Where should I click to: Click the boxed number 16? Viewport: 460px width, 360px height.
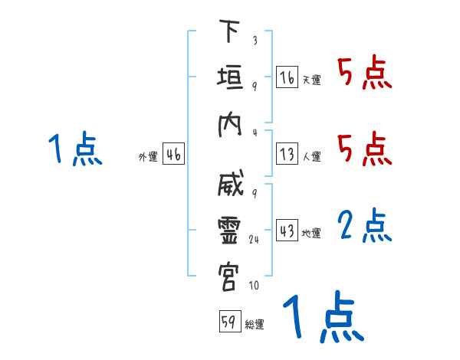(x=287, y=78)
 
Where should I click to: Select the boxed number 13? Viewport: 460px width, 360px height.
(x=287, y=153)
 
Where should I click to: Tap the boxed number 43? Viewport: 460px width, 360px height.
(x=287, y=230)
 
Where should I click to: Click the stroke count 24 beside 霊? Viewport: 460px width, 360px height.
(x=255, y=239)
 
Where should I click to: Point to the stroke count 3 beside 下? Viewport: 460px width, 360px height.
(x=255, y=39)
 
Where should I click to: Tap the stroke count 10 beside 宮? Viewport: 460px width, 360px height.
(x=254, y=286)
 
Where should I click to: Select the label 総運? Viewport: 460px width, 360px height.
(x=255, y=325)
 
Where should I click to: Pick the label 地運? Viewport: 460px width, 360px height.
(x=311, y=234)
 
